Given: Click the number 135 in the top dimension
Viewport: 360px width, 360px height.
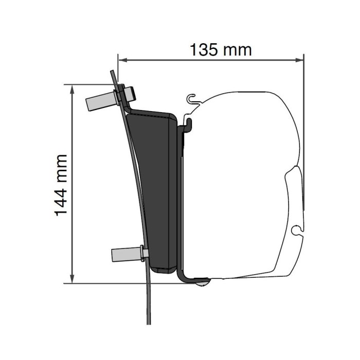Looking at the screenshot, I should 205,50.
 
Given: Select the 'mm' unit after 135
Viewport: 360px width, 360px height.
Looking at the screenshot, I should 238,50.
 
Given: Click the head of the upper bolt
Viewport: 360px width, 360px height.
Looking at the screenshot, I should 132,94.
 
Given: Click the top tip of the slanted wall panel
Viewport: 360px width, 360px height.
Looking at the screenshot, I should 111,72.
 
